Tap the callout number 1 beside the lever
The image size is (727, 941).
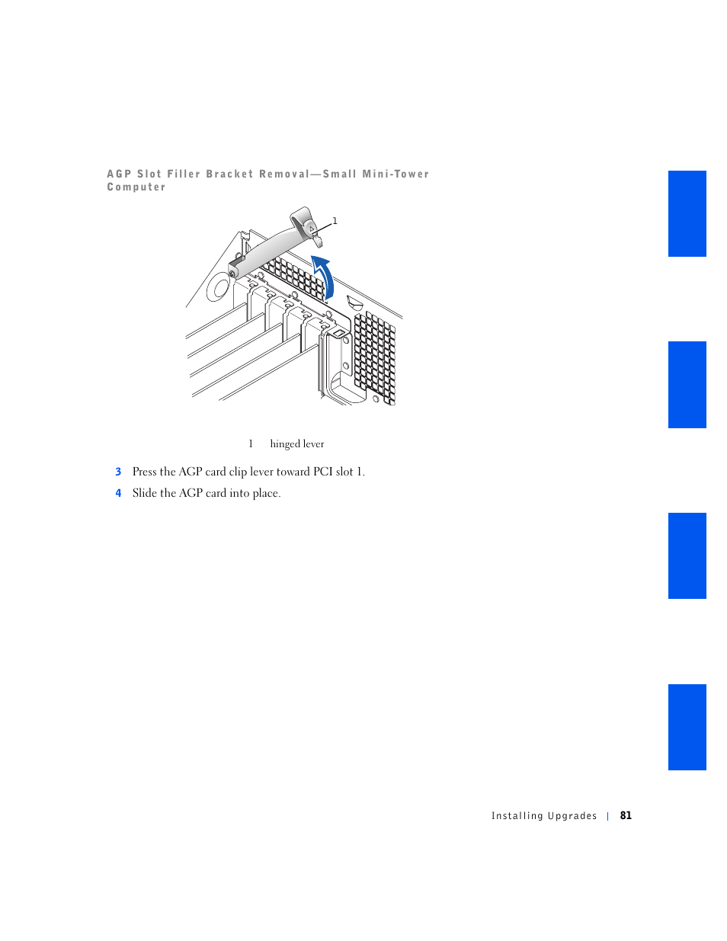pos(335,221)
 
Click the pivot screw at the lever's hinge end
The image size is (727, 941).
pos(232,273)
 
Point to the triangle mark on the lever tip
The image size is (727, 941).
pos(312,228)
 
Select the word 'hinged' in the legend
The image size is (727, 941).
pos(285,444)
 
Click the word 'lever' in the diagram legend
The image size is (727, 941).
pos(314,444)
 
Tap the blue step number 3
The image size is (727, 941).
pos(118,472)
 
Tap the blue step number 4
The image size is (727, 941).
pos(118,494)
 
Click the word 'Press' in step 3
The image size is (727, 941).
pos(145,472)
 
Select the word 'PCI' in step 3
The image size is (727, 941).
pos(322,472)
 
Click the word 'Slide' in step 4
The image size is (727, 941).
pos(145,494)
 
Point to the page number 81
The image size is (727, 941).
pos(626,815)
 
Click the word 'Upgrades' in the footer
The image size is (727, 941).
pos(572,816)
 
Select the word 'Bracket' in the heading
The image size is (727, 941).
pos(229,174)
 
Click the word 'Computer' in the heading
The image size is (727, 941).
pos(136,187)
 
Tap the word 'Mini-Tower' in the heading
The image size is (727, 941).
pos(396,174)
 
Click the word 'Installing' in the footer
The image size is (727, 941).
pos(517,816)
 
